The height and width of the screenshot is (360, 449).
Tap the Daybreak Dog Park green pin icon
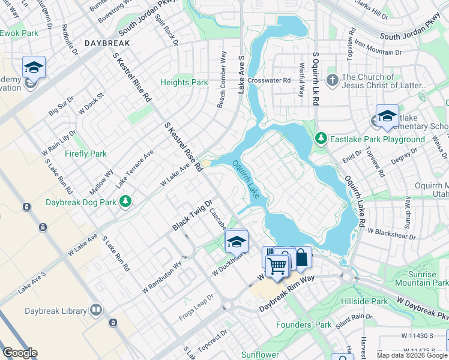(x=125, y=202)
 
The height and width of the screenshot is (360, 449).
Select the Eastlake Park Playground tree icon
(x=321, y=139)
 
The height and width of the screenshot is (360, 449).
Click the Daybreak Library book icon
(x=95, y=310)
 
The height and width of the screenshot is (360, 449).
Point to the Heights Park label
(x=184, y=82)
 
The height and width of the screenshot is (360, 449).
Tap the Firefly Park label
(x=85, y=154)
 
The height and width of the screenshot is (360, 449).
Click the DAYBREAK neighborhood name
(x=107, y=44)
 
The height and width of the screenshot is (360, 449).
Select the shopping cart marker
(x=277, y=264)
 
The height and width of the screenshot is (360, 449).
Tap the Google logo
(x=20, y=353)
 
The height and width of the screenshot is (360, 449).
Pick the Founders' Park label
(x=303, y=325)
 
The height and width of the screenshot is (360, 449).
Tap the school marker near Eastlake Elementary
(x=387, y=115)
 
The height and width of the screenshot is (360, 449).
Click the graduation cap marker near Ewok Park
(x=34, y=67)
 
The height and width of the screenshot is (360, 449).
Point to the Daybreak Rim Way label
(x=287, y=297)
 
